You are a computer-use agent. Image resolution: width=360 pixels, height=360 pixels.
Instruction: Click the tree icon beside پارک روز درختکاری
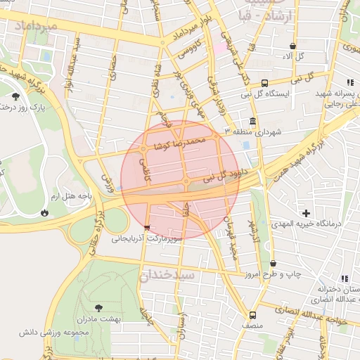click(15, 96)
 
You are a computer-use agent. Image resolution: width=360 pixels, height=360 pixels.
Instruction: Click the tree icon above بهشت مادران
click(98, 307)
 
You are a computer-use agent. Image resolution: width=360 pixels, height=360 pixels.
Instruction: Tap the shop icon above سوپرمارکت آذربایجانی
click(146, 227)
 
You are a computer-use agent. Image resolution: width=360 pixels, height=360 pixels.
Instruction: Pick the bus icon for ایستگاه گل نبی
click(264, 82)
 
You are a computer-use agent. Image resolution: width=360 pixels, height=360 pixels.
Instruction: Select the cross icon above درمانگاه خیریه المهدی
click(305, 212)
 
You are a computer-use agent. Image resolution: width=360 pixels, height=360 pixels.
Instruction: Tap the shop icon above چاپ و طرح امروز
click(274, 264)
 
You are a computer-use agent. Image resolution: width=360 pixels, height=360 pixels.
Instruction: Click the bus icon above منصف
click(252, 315)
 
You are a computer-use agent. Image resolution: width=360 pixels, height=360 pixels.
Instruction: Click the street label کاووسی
click(189, 51)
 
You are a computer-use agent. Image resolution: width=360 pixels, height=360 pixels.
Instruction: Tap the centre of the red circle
click(180, 180)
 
